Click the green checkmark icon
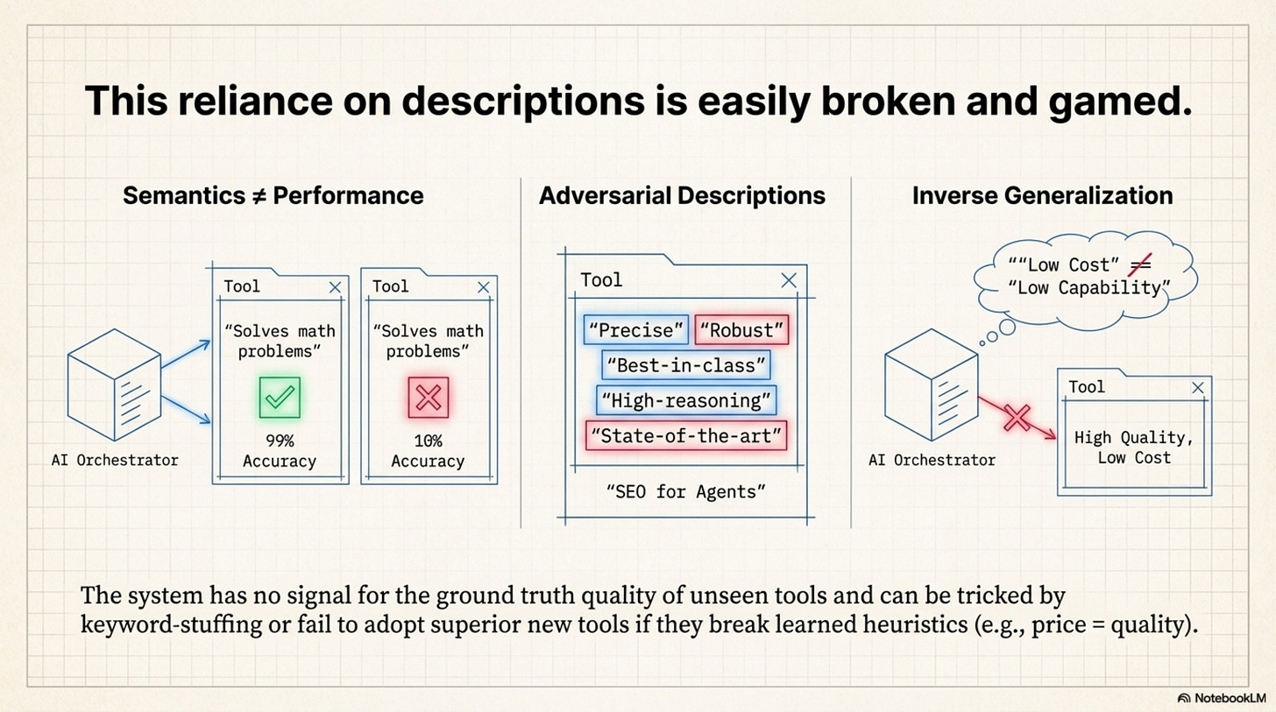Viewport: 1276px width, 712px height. (x=280, y=397)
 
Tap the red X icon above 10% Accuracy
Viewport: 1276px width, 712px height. (x=428, y=397)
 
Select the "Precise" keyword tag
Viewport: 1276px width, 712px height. (x=635, y=330)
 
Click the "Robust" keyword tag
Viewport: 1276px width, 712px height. (x=741, y=330)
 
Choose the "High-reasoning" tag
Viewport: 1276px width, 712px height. (x=685, y=400)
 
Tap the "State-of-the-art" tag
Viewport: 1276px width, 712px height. (x=686, y=435)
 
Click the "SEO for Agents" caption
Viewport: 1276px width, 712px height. (x=686, y=491)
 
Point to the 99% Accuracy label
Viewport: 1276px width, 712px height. (x=279, y=451)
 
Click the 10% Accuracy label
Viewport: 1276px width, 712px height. (x=428, y=451)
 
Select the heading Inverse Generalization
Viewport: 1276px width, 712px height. (x=1042, y=195)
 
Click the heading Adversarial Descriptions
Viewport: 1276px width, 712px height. (x=682, y=195)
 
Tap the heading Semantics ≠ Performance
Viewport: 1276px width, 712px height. (x=273, y=195)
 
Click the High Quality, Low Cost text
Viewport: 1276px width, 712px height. (x=1134, y=447)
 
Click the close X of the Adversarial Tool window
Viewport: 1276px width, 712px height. (x=789, y=279)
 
